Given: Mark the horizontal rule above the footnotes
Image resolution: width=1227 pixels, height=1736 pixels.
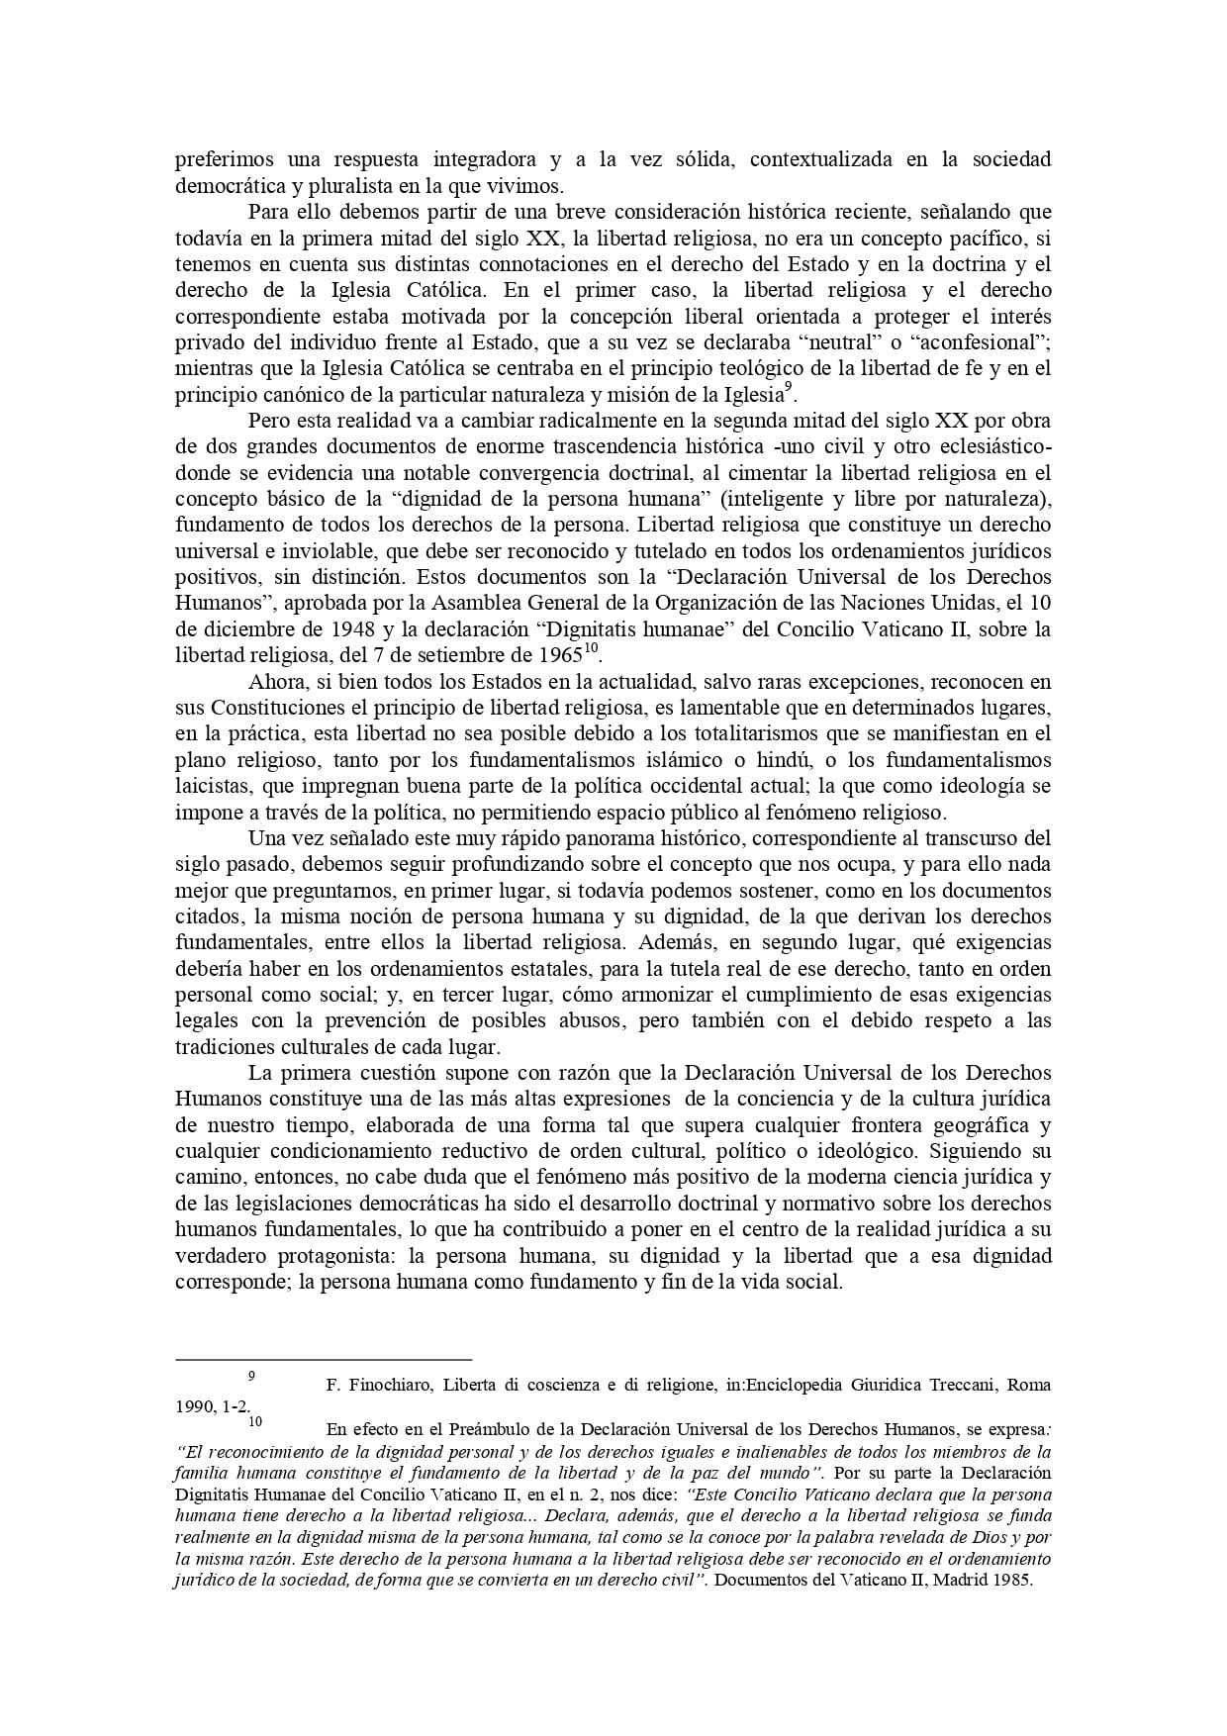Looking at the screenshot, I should [324, 1360].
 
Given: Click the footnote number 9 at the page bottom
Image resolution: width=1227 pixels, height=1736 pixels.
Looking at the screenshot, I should [252, 1376].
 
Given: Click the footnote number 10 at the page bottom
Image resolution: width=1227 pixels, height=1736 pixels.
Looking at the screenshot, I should [255, 1422].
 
